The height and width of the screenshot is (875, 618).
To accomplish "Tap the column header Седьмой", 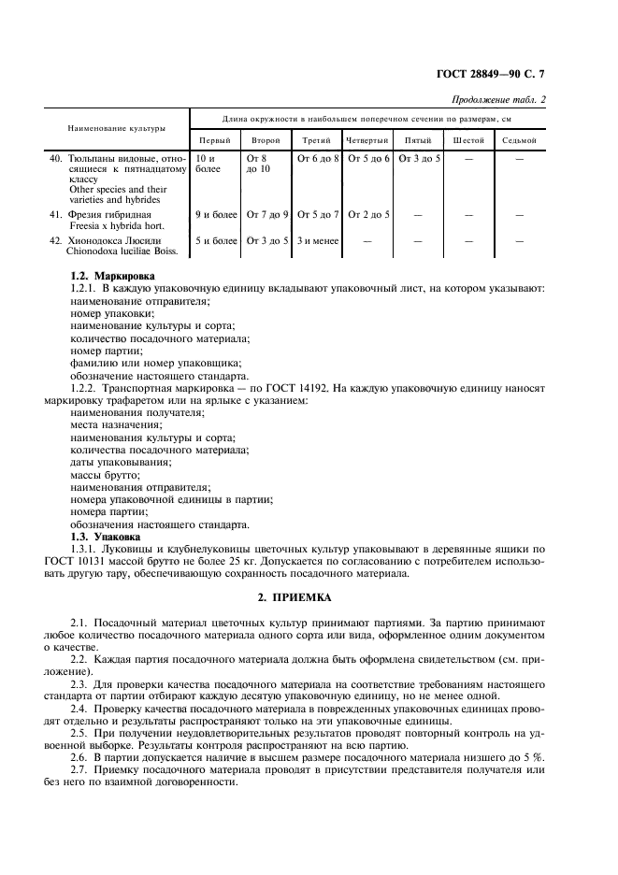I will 519,140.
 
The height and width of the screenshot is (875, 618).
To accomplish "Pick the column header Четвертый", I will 366,140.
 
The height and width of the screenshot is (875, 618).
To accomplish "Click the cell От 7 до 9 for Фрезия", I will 267,215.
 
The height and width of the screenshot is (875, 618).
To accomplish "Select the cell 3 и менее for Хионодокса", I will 317,240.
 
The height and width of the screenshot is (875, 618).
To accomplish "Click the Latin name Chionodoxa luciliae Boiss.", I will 120,251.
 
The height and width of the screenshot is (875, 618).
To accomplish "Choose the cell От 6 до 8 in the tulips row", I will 318,159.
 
